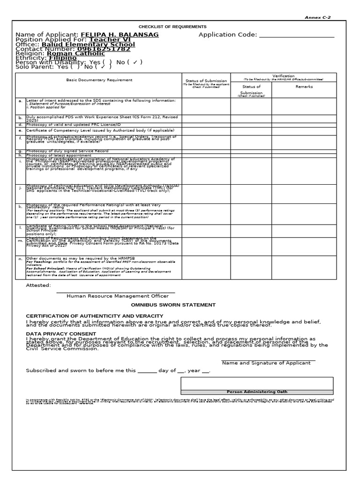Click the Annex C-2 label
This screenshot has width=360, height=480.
point(317,17)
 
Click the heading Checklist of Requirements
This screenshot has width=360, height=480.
point(172,27)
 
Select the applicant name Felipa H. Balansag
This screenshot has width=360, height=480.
point(120,35)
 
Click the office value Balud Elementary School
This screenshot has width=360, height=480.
point(88,45)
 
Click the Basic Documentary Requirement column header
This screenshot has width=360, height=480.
point(99,80)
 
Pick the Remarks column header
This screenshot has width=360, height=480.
point(304,87)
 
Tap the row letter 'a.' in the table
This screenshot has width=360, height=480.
point(20,101)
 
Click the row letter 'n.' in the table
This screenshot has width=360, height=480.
point(20,259)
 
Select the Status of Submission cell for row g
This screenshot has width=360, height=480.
point(206,151)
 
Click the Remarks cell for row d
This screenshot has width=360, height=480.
point(304,125)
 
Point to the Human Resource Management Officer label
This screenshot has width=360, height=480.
point(117,296)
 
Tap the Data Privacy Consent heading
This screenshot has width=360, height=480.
point(55,334)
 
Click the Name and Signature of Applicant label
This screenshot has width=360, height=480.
point(266,363)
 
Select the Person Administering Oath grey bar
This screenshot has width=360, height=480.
point(256,391)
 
